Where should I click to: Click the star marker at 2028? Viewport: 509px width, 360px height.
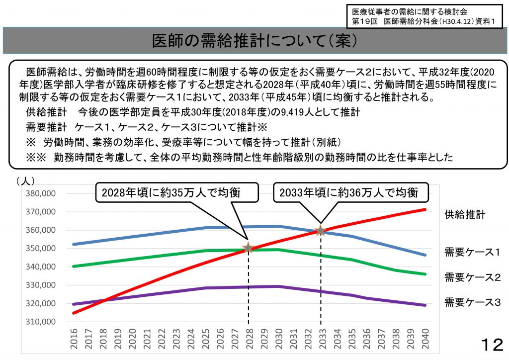pos(248,248)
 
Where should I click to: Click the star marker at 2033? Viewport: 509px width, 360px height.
pos(321,230)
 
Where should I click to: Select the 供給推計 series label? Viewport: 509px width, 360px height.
pos(465,215)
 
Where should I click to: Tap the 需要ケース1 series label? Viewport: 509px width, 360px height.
pos(472,253)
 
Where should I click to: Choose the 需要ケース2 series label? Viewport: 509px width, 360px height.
pos(472,277)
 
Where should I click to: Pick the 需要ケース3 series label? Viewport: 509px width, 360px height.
pos(472,302)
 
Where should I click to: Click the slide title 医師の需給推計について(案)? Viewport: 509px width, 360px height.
pos(254,41)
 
